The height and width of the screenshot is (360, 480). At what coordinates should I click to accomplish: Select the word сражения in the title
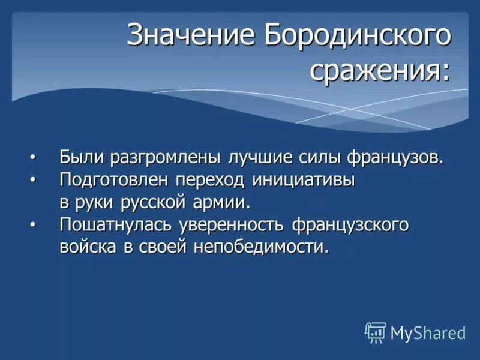pyautogui.click(x=378, y=71)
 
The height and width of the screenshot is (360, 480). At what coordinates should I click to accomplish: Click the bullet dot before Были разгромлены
pyautogui.click(x=33, y=157)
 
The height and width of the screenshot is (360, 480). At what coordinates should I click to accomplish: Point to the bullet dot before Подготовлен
pyautogui.click(x=33, y=179)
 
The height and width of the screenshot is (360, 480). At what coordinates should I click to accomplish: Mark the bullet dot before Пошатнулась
pyautogui.click(x=33, y=224)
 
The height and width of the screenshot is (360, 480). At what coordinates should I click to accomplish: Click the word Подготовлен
pyautogui.click(x=113, y=179)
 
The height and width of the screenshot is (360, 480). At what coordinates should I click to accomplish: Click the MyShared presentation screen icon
pyautogui.click(x=376, y=332)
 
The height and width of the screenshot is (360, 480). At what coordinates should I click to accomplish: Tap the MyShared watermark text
pyautogui.click(x=427, y=333)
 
